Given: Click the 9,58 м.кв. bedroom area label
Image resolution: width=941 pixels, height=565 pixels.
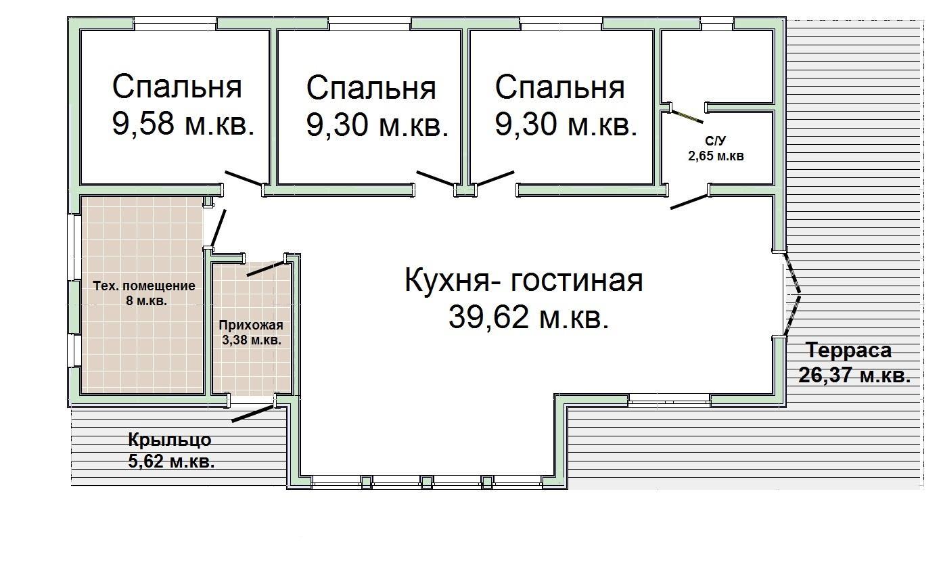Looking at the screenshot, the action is click(183, 125).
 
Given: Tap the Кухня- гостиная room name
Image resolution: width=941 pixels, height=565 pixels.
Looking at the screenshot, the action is click(524, 281).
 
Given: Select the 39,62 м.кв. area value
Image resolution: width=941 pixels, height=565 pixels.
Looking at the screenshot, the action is click(528, 317).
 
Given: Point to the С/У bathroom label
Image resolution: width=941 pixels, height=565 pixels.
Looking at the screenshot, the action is click(715, 141).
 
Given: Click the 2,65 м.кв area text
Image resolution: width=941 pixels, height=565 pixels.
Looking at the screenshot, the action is click(716, 156).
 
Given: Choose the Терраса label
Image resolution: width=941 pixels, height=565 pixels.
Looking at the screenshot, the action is click(848, 351).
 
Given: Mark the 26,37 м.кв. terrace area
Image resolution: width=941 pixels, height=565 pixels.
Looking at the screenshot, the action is click(854, 375).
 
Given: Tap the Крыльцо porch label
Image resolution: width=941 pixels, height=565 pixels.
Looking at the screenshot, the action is click(170, 440).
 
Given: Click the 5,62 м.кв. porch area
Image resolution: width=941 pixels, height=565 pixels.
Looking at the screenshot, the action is click(171, 462).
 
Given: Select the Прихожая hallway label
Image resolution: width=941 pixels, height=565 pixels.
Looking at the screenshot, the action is click(251, 325).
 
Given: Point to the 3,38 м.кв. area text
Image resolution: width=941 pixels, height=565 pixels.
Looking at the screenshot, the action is click(252, 340).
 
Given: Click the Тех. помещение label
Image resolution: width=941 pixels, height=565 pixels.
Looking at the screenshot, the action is click(143, 286).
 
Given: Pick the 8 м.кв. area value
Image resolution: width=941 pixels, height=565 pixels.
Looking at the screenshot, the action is click(146, 301).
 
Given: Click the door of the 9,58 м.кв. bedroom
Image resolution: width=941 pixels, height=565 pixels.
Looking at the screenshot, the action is click(244, 178).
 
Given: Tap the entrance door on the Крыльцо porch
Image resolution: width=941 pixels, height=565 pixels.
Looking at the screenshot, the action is click(253, 413).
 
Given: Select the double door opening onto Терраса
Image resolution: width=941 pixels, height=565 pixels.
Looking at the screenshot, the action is click(791, 294).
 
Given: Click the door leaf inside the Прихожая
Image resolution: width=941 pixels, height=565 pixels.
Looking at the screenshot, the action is click(266, 269).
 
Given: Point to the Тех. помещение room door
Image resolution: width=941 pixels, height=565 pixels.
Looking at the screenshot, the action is click(218, 229).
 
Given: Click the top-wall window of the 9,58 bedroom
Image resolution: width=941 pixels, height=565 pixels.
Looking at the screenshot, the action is click(175, 24).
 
